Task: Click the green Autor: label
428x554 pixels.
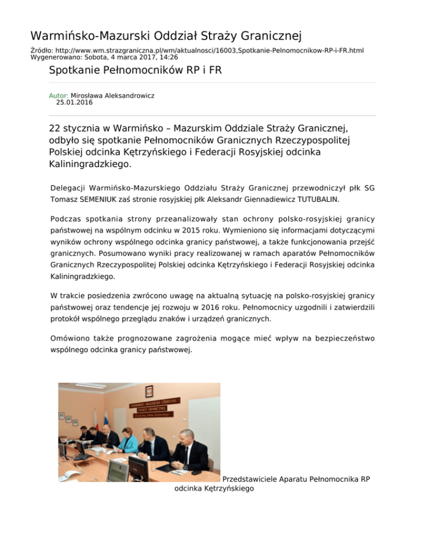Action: tap(59, 96)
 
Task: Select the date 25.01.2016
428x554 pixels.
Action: tap(75, 103)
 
